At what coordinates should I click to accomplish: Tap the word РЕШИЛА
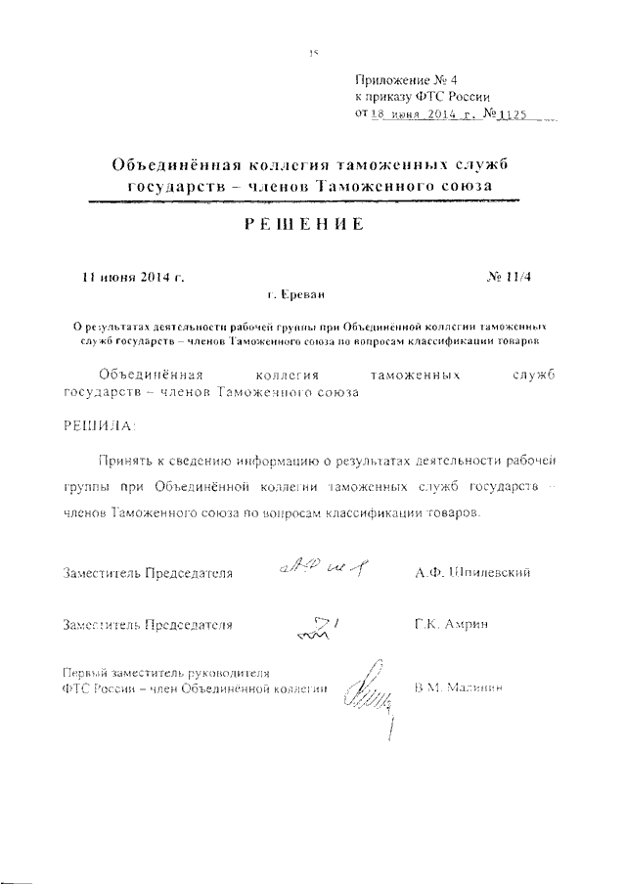(x=101, y=426)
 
